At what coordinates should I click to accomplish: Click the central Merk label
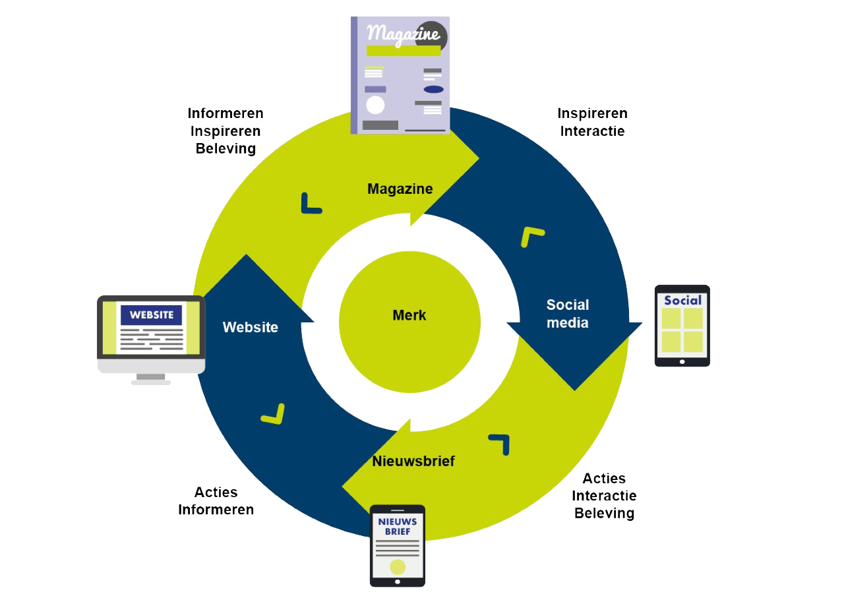409,315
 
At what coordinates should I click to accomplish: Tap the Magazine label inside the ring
400,189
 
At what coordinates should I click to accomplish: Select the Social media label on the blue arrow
568,313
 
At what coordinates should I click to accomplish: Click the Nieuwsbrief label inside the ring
413,461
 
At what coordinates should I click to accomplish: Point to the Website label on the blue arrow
251,327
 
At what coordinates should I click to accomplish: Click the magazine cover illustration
400,74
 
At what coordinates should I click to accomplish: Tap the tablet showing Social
682,325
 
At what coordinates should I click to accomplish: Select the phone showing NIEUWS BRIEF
397,545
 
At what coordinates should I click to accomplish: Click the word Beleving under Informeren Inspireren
226,148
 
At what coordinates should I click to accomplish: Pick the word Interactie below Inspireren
592,131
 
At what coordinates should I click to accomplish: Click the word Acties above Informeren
216,492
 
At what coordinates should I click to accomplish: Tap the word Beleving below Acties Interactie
604,513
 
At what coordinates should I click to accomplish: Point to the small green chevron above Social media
531,236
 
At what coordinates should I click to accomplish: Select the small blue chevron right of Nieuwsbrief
500,443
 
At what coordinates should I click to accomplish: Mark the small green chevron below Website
274,414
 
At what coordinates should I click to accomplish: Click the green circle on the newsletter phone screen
398,566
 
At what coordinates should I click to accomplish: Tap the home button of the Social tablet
682,361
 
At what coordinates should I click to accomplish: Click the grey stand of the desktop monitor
151,378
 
